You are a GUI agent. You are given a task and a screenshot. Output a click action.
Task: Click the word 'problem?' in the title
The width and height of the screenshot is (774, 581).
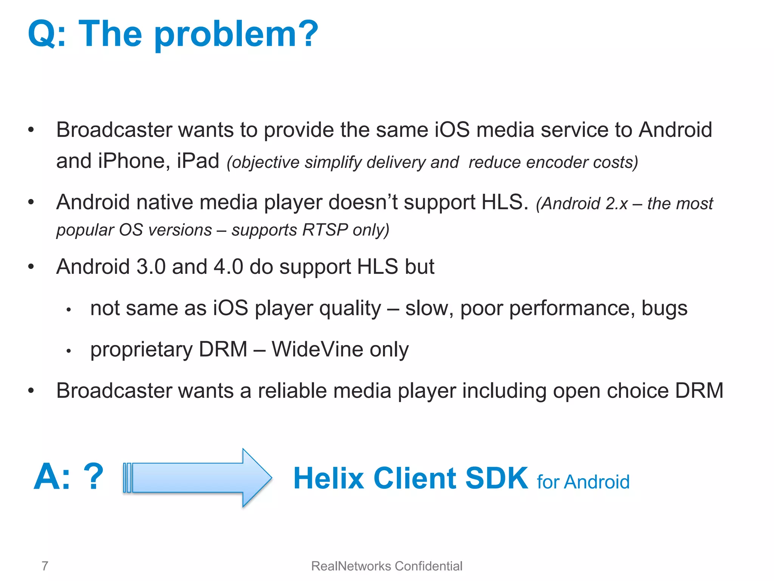pos(236,35)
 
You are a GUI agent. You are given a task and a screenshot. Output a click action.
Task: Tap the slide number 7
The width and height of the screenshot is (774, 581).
pos(45,566)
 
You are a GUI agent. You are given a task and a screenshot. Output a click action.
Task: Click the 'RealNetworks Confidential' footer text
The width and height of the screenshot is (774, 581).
pos(387,566)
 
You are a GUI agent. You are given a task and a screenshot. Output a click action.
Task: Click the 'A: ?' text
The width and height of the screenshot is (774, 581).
pos(68,477)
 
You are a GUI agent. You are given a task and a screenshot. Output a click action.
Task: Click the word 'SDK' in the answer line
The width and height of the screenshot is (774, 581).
pos(496,478)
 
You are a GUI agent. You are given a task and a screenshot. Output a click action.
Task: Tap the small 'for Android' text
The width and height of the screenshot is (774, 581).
pos(583,482)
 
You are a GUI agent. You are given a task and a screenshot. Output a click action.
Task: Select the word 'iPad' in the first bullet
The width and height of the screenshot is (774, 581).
pos(198,161)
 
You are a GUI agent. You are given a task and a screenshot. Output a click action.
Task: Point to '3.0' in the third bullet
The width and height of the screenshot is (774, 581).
pos(151,267)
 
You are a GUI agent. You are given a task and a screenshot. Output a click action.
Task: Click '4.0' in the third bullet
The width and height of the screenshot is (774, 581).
pos(228,267)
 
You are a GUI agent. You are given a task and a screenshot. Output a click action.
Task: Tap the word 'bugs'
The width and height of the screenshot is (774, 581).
pos(664,309)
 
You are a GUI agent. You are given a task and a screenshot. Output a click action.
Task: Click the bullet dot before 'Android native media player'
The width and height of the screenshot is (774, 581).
pos(31,202)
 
